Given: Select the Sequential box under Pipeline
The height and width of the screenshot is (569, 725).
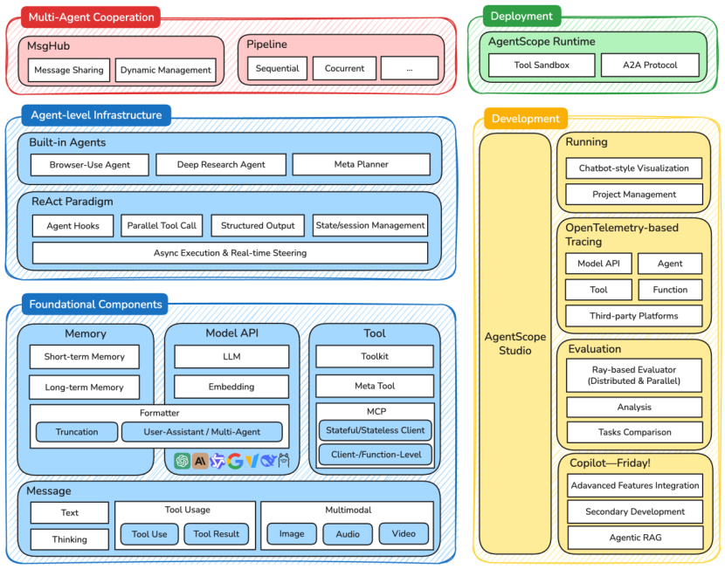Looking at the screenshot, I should (277, 68).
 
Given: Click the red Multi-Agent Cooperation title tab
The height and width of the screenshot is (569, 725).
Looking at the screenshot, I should (82, 17).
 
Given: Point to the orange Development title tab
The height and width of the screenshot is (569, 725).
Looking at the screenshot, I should (525, 119).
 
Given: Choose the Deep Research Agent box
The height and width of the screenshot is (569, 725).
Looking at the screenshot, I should (221, 164).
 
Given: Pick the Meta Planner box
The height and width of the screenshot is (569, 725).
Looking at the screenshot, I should (361, 164).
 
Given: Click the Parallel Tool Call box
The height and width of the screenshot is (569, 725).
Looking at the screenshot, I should (162, 225).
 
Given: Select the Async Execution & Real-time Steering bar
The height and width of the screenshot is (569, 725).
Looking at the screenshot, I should (230, 253).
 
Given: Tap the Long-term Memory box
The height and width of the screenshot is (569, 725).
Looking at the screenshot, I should (84, 387).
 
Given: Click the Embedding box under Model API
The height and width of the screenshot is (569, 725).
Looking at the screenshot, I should (231, 387).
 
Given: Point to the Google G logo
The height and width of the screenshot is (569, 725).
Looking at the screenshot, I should (235, 461).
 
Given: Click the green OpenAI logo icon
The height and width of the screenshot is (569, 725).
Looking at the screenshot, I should (183, 461).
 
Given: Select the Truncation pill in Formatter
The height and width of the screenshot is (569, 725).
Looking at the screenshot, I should (75, 431).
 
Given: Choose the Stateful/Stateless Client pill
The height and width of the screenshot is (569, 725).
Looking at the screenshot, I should (375, 430).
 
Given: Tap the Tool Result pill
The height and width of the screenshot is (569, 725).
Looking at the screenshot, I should (216, 534).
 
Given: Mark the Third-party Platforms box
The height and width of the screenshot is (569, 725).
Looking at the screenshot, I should (634, 316).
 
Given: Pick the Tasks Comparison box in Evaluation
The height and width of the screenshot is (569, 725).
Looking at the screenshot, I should (634, 432).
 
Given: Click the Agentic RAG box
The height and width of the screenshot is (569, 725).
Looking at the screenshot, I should (634, 538).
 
